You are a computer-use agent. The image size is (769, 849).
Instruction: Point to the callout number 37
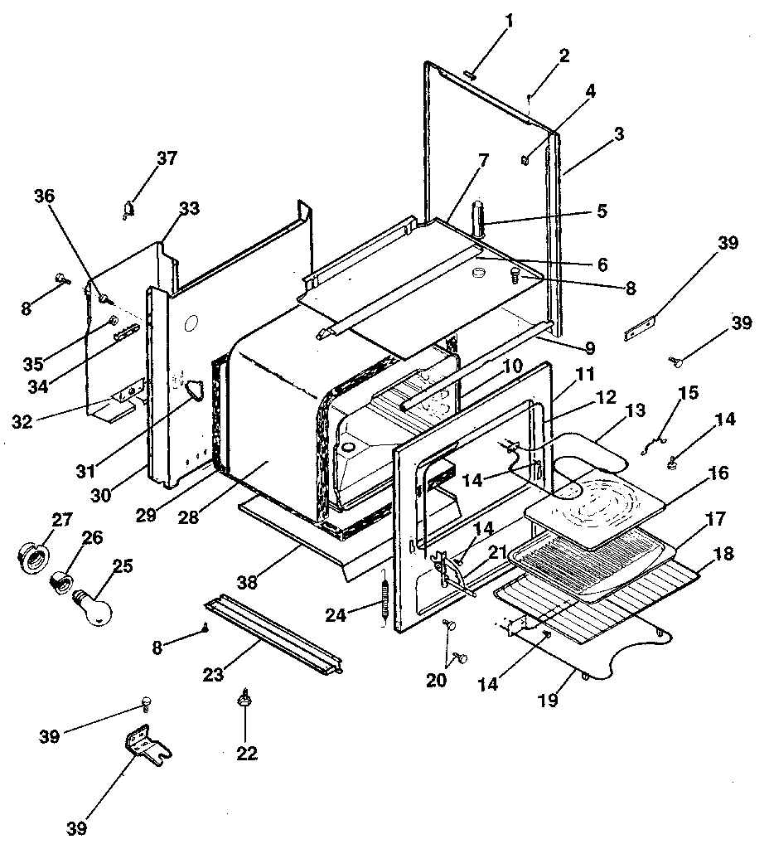click(x=167, y=158)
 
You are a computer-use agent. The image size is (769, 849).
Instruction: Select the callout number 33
click(x=189, y=209)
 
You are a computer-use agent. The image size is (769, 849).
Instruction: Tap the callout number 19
click(x=546, y=700)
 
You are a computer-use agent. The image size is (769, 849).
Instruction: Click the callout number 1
click(x=509, y=22)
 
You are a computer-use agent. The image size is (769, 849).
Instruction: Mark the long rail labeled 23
click(x=273, y=633)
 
